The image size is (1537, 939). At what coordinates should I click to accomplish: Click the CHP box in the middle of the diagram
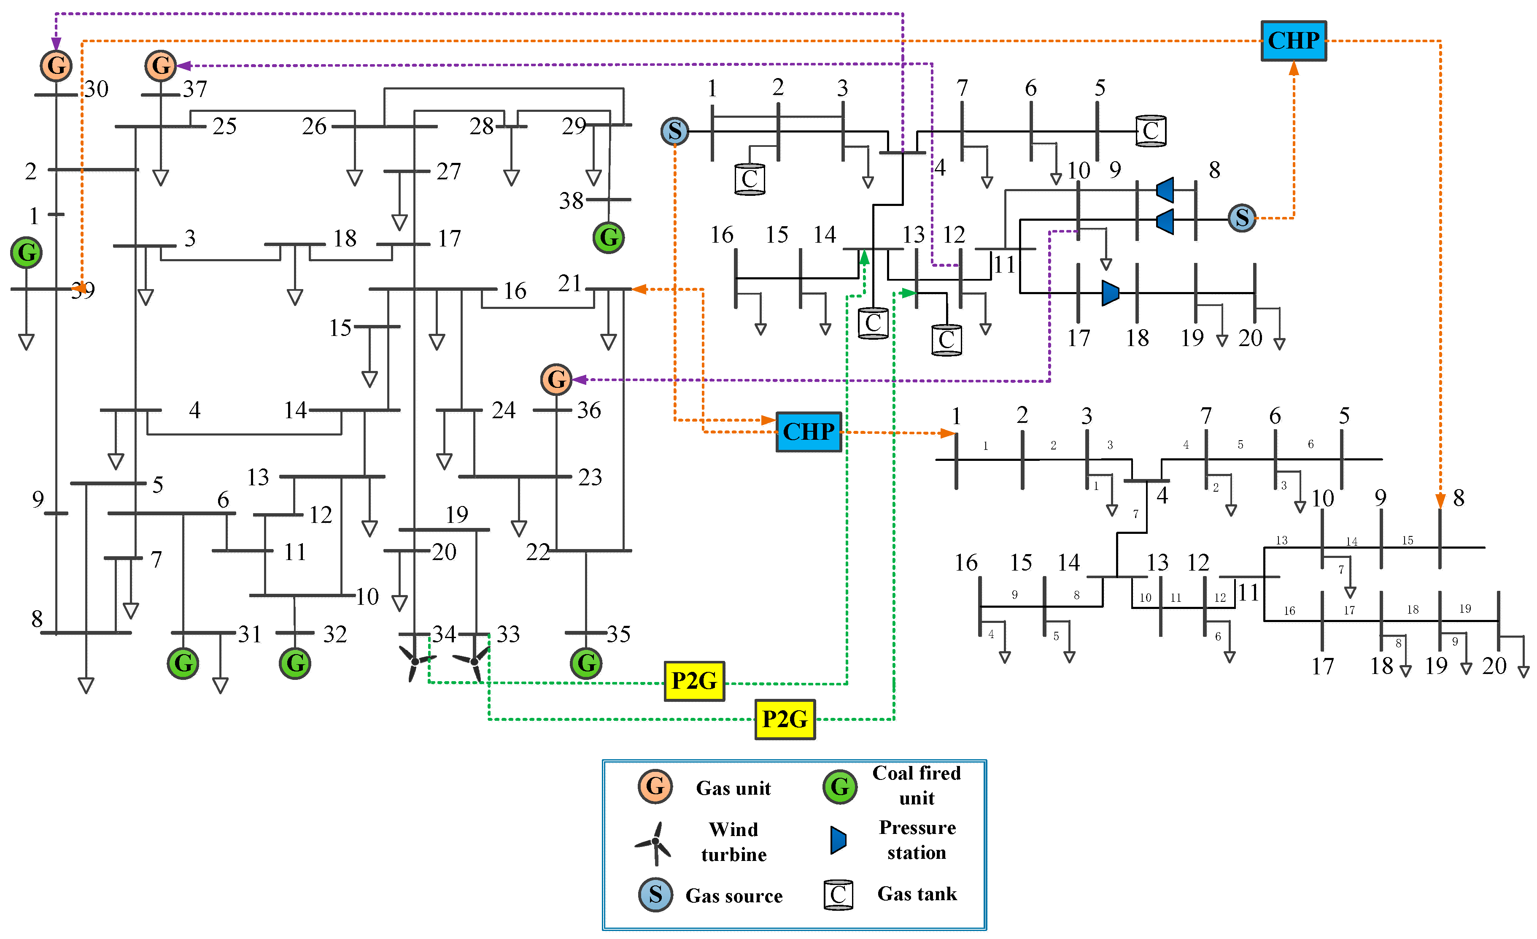pyautogui.click(x=809, y=432)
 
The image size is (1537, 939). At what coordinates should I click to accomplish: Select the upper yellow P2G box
pyautogui.click(x=694, y=681)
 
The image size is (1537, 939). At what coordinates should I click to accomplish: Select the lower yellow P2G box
pyautogui.click(x=785, y=720)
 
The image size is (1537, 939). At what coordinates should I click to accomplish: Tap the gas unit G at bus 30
pyautogui.click(x=56, y=65)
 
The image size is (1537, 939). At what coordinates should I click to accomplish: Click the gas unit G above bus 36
pyautogui.click(x=556, y=379)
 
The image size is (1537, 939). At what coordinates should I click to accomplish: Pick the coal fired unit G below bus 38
pyautogui.click(x=608, y=238)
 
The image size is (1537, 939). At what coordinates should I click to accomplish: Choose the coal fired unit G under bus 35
pyautogui.click(x=586, y=663)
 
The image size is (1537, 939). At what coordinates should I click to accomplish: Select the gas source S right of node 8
pyautogui.click(x=1241, y=218)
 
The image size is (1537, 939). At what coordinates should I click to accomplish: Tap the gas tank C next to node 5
pyautogui.click(x=1150, y=131)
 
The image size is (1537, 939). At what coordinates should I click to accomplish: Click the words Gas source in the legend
pyautogui.click(x=733, y=896)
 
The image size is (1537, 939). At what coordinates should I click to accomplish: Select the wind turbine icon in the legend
pyautogui.click(x=654, y=843)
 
